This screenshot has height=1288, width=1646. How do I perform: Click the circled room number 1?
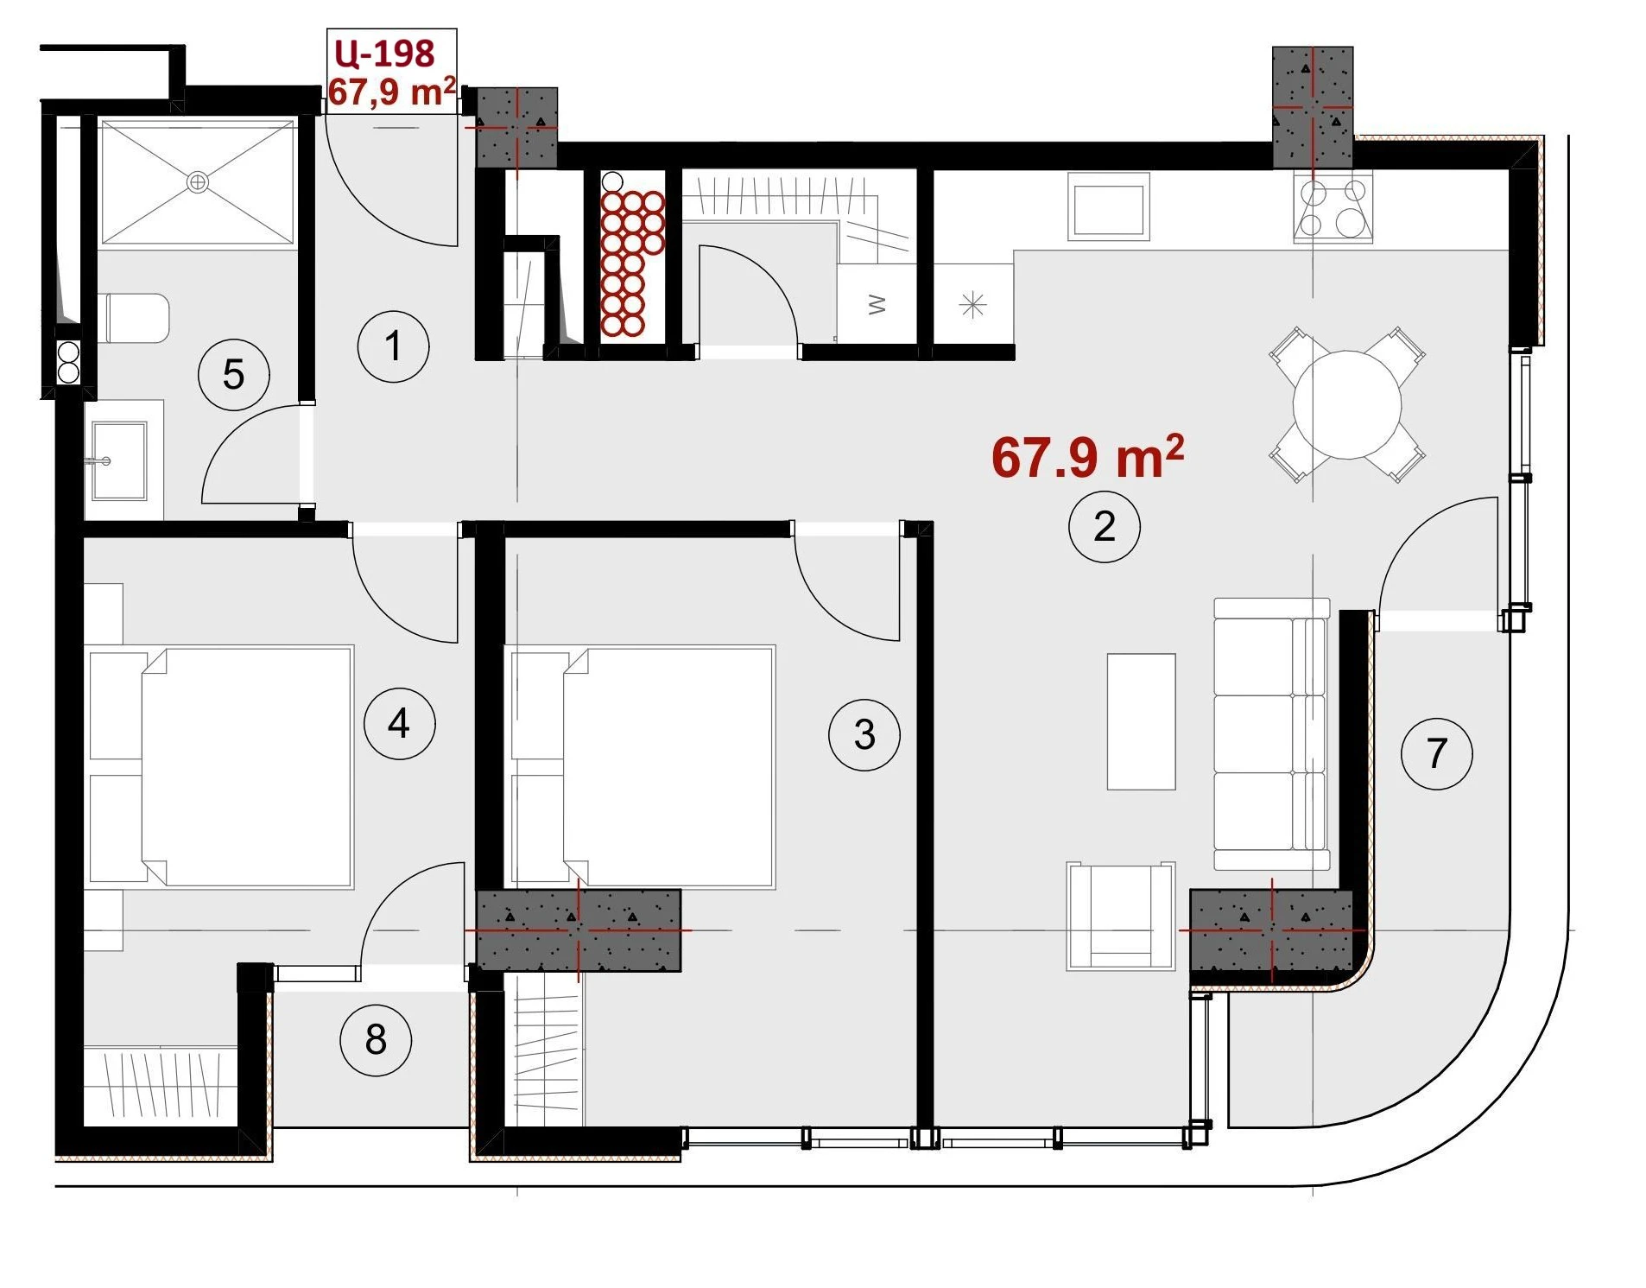click(x=393, y=346)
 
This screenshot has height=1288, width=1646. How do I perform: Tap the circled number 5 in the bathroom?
click(x=233, y=374)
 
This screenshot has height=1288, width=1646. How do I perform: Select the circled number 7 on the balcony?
click(x=1436, y=752)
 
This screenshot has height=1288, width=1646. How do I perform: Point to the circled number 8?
click(x=376, y=1039)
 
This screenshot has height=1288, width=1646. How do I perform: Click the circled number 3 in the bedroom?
click(x=864, y=734)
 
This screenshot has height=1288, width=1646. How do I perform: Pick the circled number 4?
click(x=399, y=723)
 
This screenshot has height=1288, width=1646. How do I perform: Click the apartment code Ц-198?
click(x=384, y=54)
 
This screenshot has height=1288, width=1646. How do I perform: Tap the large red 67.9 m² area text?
click(x=1087, y=457)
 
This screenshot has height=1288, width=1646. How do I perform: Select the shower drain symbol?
click(x=198, y=182)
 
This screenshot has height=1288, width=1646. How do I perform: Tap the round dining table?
click(x=1346, y=404)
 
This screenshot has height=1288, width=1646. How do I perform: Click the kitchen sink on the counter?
click(x=1109, y=206)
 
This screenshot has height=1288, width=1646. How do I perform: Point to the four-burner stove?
click(x=1333, y=206)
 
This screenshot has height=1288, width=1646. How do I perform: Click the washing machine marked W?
click(x=877, y=304)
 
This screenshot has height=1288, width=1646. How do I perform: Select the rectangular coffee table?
click(x=1141, y=721)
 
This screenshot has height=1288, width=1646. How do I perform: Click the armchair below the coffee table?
click(x=1120, y=916)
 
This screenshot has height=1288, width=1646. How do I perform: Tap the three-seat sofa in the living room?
click(x=1271, y=733)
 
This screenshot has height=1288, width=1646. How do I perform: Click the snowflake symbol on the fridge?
click(x=972, y=305)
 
